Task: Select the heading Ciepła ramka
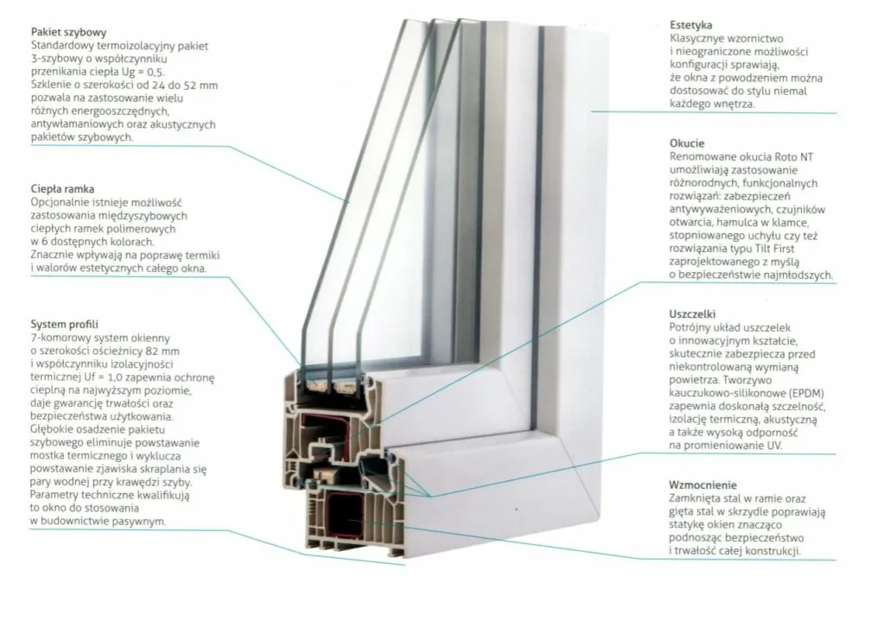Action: click(61, 187)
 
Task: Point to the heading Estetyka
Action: click(690, 26)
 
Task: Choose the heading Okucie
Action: click(687, 143)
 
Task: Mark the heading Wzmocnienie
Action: click(703, 484)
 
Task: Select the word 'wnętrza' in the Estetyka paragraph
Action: click(731, 104)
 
